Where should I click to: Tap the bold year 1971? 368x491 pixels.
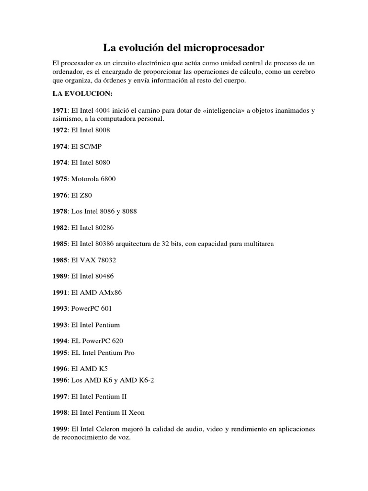[61, 110]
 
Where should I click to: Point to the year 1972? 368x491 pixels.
[61, 130]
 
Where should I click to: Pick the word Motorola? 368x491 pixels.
[84, 179]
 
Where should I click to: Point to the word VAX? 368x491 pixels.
[87, 260]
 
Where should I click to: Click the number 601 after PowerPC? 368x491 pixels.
[106, 309]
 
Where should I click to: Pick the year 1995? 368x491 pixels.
[61, 353]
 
